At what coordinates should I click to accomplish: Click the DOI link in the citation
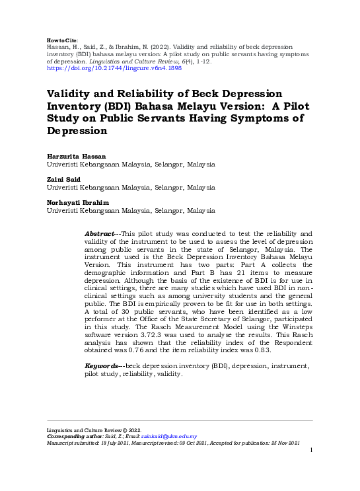point(104,67)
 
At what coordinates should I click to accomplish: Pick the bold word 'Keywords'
point(102,365)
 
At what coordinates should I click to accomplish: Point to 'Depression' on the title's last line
point(77,131)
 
